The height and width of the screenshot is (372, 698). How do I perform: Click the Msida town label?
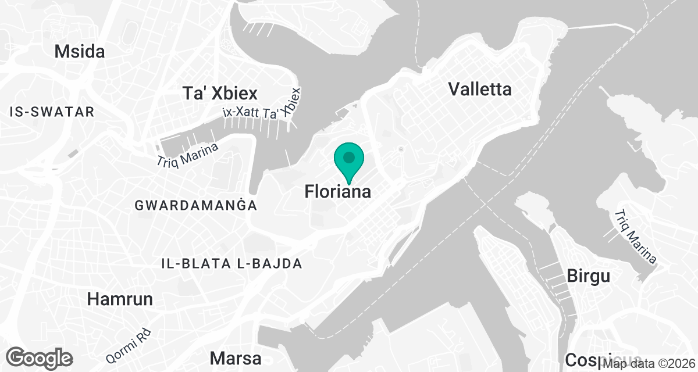click(80, 51)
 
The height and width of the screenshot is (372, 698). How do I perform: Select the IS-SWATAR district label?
click(52, 112)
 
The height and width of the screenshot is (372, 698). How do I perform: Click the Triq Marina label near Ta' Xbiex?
click(187, 156)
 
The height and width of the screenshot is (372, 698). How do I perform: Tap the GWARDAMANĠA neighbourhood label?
click(195, 205)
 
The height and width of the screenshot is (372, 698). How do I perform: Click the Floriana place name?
click(337, 192)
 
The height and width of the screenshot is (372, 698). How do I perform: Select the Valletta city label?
click(480, 89)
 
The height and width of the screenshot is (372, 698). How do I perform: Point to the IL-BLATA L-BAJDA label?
click(232, 263)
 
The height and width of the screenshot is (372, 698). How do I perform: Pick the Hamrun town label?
click(120, 299)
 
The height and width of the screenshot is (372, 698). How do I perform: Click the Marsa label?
click(236, 357)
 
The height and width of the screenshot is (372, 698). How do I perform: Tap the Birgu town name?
click(588, 276)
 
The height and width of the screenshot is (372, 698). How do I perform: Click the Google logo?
click(40, 357)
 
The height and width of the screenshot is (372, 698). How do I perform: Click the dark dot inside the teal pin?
click(349, 157)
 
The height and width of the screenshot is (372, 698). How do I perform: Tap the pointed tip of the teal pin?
click(349, 185)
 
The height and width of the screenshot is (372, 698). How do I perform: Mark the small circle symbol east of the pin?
click(401, 150)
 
